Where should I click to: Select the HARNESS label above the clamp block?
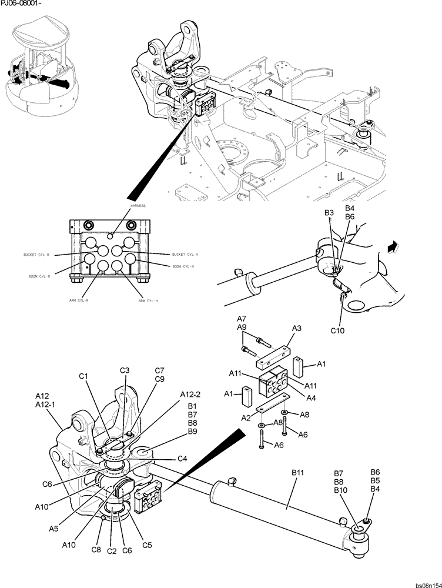tap(139, 206)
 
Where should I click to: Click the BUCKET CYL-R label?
tap(36, 255)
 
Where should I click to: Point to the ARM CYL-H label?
tap(149, 300)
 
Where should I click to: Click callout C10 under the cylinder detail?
tap(337, 331)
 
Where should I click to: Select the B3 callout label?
tap(329, 212)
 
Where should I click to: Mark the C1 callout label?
tap(83, 376)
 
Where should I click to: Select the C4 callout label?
tap(182, 459)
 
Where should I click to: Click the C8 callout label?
tap(96, 550)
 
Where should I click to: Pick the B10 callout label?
tap(340, 490)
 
